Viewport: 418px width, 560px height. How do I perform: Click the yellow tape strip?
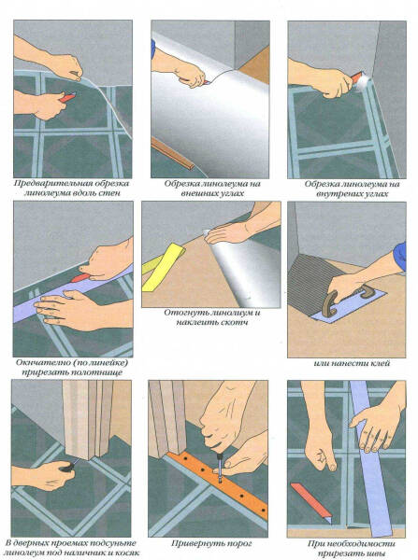click(x=162, y=267)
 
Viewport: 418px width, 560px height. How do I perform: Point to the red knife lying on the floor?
click(x=311, y=504)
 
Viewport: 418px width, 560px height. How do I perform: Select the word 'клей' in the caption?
click(x=380, y=364)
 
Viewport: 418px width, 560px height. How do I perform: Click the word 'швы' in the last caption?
click(x=375, y=553)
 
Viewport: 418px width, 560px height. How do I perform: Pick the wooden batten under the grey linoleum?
click(x=173, y=154)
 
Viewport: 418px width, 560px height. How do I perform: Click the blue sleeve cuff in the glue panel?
click(x=399, y=256)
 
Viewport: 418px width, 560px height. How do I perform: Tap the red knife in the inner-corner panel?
click(x=357, y=77)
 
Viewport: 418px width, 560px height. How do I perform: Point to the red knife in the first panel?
click(x=67, y=97)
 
